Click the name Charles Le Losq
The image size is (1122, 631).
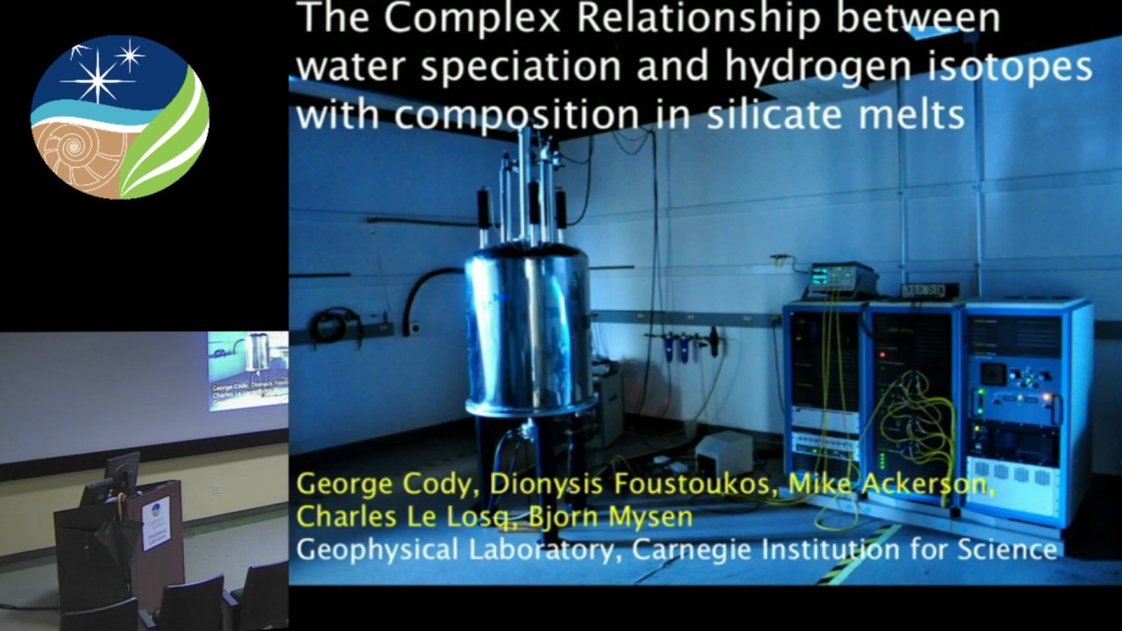(400, 516)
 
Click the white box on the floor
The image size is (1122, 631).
(724, 452)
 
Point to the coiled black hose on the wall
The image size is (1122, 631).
(337, 325)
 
